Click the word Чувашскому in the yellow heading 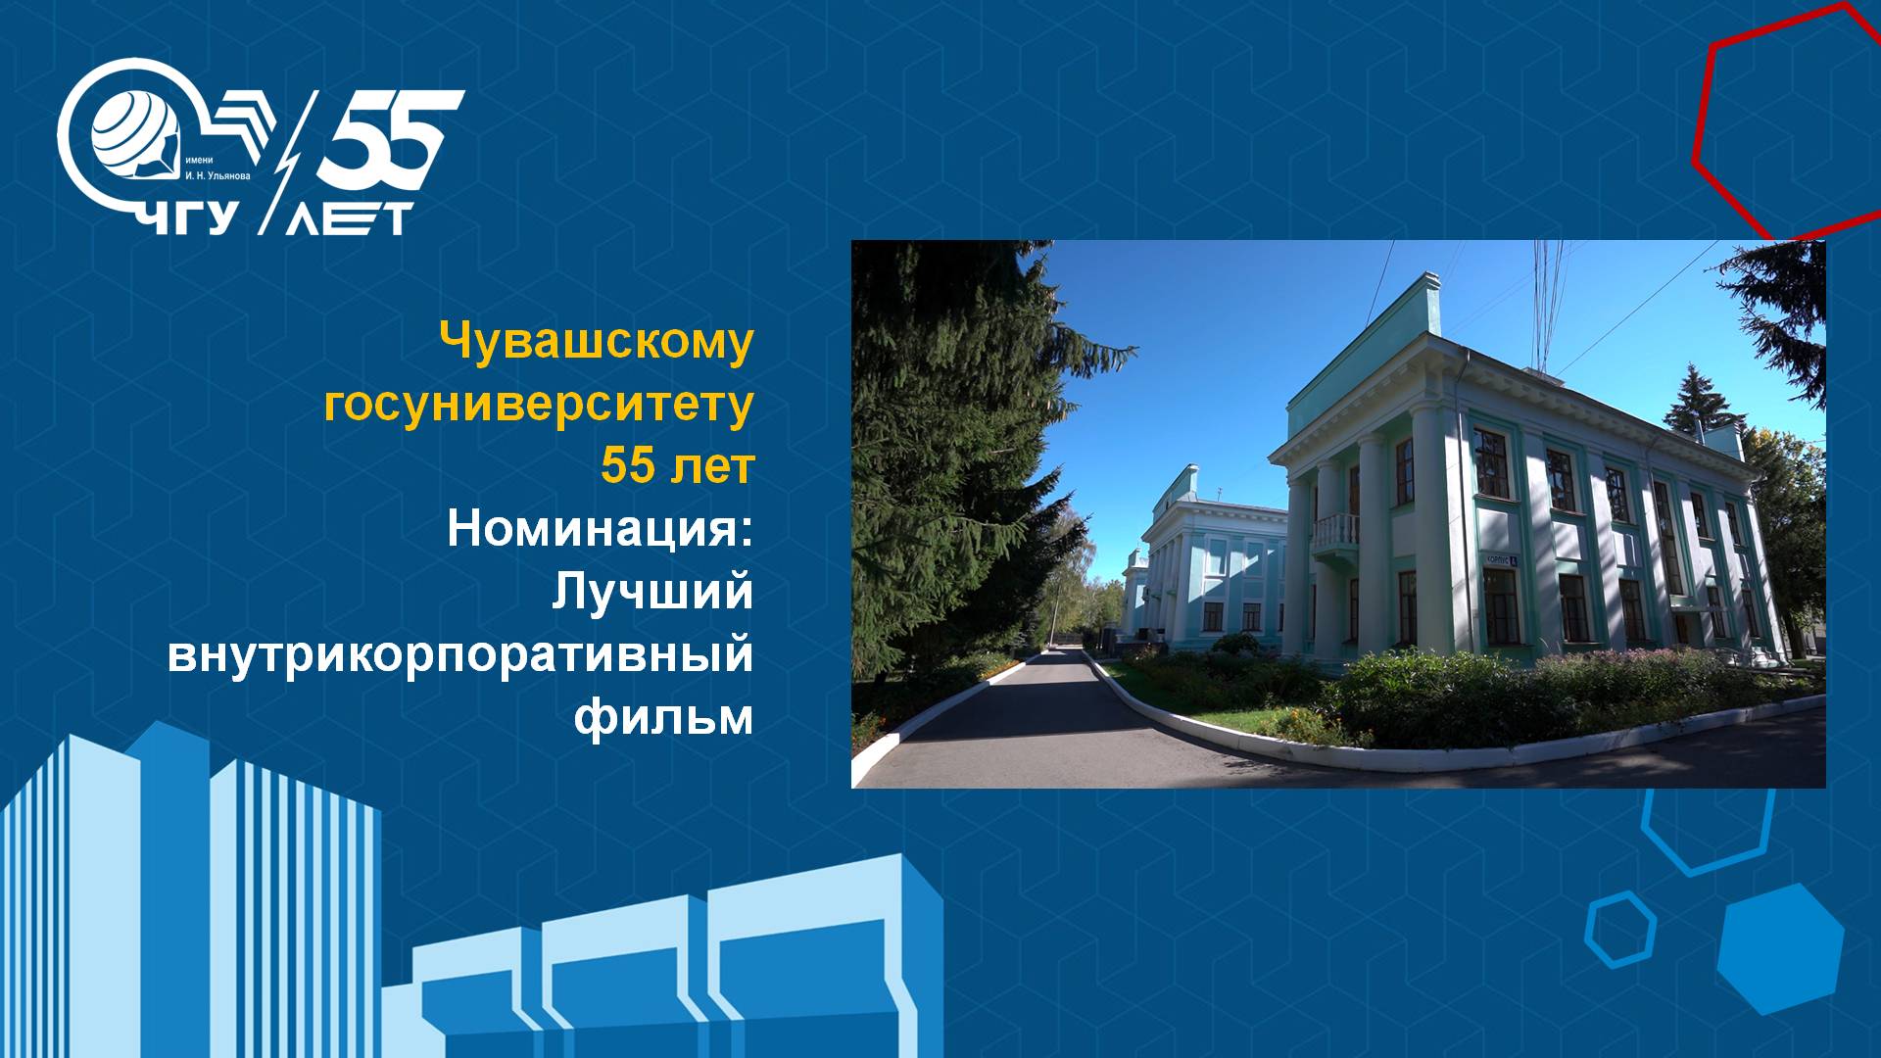coord(597,342)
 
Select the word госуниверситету coord(539,404)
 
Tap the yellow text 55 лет coord(677,466)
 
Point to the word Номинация coord(600,529)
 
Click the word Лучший coord(652,592)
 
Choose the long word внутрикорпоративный coord(460,654)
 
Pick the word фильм coord(663,717)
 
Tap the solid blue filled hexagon coord(1780,947)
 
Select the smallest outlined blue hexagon coord(1621,929)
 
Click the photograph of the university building coord(1338,514)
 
